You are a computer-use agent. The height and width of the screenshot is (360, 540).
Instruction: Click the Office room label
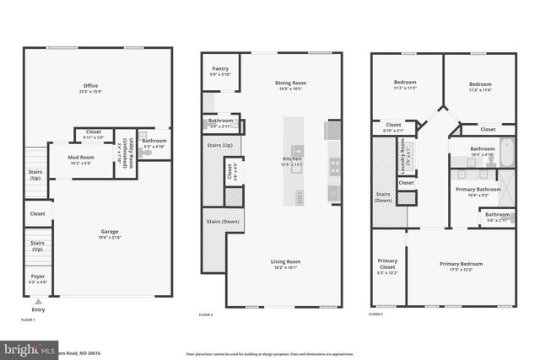click(90, 86)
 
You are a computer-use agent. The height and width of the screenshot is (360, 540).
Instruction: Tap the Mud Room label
click(82, 158)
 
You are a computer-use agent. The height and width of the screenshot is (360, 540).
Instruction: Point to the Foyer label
click(37, 276)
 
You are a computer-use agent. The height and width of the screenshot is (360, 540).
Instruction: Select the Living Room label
click(286, 261)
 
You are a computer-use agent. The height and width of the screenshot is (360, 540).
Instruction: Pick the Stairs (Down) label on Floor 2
click(221, 221)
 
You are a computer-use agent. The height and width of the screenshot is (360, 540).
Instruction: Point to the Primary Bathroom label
click(478, 191)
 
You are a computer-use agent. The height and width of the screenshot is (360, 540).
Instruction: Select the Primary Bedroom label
click(461, 264)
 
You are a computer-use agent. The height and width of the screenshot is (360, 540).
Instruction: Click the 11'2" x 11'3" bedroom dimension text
click(406, 89)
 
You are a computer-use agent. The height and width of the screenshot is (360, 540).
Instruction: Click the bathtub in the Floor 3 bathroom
click(505, 153)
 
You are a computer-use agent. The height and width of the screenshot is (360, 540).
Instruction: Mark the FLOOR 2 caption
click(206, 314)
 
